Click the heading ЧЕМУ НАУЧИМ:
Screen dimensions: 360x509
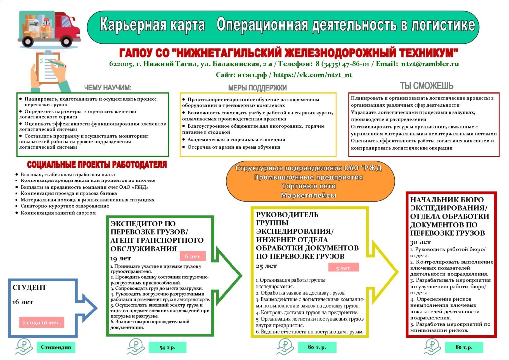click(107, 88)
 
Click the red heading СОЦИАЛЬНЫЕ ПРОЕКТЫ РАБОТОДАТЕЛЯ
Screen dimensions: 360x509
click(97, 165)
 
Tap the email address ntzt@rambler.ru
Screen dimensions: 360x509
click(431, 64)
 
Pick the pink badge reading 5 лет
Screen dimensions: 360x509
click(343, 268)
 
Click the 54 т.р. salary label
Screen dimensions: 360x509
click(160, 347)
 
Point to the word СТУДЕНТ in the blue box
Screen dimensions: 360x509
click(29, 287)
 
